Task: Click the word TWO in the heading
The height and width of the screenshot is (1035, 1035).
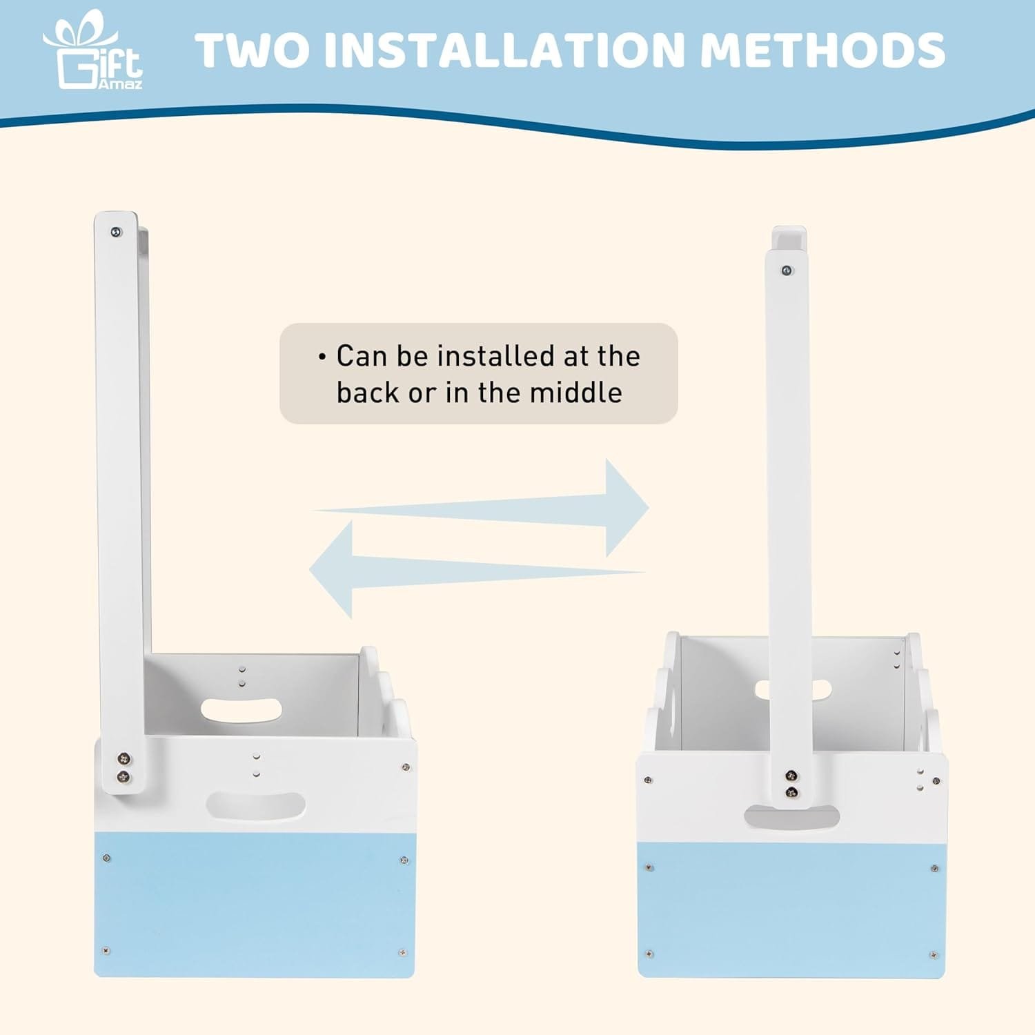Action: [253, 50]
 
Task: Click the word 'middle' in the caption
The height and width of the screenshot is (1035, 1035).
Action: [575, 393]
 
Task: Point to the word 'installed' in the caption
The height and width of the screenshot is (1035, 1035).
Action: [495, 356]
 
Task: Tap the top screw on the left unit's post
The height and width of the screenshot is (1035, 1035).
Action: [117, 233]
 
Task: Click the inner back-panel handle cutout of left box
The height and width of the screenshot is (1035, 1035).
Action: [241, 710]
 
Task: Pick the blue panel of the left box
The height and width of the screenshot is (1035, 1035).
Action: [255, 904]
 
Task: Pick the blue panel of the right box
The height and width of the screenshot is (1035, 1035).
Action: [791, 909]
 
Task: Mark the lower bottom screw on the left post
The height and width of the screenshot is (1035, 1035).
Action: [124, 778]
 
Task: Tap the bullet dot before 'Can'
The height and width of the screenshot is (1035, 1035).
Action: [322, 357]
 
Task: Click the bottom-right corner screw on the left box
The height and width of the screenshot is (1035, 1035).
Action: [402, 953]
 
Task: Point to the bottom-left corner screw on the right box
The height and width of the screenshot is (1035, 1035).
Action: [649, 954]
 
